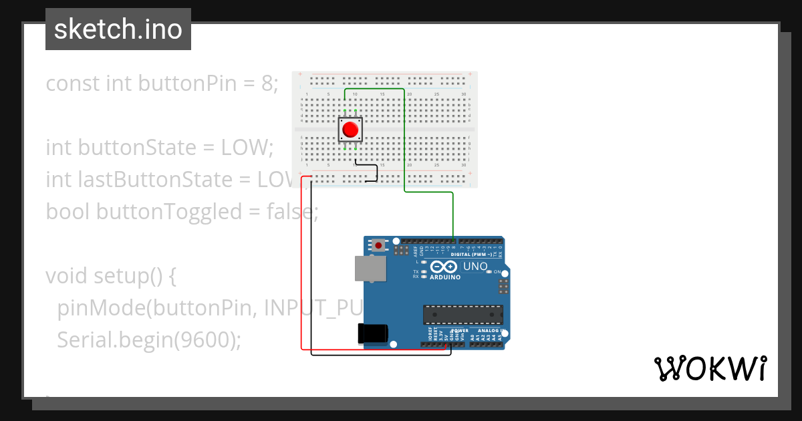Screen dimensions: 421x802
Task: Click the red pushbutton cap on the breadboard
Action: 350,129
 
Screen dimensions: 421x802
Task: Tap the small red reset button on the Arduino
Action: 379,245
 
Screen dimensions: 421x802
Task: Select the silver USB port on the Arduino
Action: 370,269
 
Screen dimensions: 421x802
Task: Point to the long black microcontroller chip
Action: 462,314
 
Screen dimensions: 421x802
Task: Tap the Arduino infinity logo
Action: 444,267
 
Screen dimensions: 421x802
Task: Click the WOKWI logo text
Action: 709,368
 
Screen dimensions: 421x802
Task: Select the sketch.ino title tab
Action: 118,29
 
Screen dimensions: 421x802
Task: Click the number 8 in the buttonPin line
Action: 266,84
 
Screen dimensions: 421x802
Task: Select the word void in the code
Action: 67,276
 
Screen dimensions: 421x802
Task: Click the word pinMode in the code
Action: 101,308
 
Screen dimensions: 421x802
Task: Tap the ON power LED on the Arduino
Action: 489,271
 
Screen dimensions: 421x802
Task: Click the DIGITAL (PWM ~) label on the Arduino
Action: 472,255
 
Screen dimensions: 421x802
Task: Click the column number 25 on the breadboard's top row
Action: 436,94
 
